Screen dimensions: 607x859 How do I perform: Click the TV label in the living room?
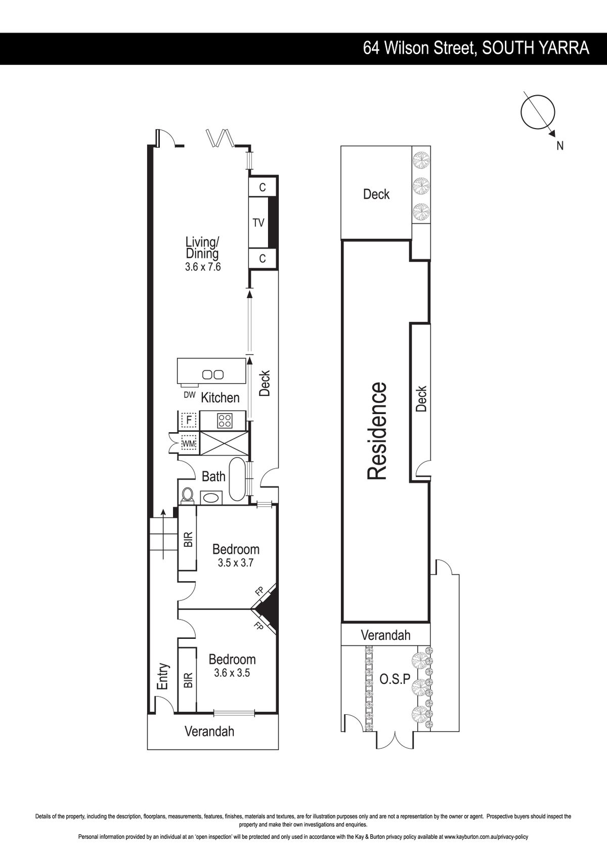pos(258,223)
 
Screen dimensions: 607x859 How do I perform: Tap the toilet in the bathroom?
pos(187,495)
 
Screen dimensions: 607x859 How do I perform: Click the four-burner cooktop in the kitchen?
pos(224,420)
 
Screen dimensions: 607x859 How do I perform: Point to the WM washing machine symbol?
pos(189,444)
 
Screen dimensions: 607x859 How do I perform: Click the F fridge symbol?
pos(189,420)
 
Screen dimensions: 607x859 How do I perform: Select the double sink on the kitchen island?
pos(212,375)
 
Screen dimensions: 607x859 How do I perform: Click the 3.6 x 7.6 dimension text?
pos(203,267)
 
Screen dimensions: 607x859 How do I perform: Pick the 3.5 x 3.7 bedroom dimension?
pos(236,563)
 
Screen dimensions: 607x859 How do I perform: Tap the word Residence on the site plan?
pos(377,431)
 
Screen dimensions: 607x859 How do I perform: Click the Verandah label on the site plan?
pos(385,635)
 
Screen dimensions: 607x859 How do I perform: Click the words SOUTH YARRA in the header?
pos(535,49)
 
